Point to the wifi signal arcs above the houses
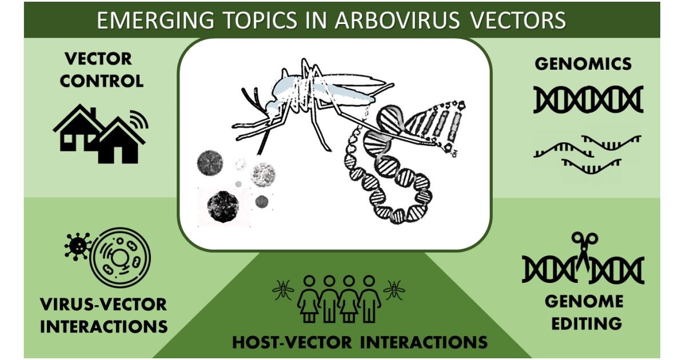[x=138, y=119]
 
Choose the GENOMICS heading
[x=583, y=63]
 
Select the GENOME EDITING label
[x=583, y=312]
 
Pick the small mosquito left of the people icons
[x=283, y=290]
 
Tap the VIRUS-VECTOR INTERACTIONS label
[x=103, y=315]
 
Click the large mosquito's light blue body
[x=297, y=89]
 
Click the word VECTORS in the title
[x=517, y=21]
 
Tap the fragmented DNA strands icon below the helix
[x=588, y=152]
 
